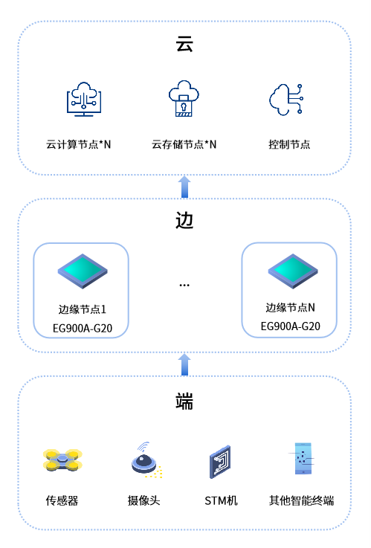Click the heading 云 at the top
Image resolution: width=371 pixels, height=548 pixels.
coord(184,45)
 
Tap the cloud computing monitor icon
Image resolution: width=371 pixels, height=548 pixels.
coord(84,99)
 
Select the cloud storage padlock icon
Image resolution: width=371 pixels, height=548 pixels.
coord(184,98)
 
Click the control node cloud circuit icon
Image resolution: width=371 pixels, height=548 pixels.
coord(286,99)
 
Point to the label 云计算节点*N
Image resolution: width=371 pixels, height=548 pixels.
coord(78,144)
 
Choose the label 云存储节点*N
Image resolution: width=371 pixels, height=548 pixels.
coord(184,144)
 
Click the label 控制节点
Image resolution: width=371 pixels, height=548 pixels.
coord(289,144)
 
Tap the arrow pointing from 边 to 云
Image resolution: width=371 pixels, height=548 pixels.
coord(184,187)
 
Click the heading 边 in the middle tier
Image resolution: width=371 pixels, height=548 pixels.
coord(184,221)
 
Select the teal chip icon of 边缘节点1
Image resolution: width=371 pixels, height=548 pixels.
coord(83,271)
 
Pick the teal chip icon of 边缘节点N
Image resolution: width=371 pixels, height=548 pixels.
coord(293,271)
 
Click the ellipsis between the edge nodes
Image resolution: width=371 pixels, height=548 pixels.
coord(184,286)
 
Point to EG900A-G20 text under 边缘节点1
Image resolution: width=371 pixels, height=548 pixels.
coord(83,328)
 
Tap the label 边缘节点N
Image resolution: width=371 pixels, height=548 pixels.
coord(290,308)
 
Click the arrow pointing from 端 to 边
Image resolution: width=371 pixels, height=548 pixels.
coord(184,364)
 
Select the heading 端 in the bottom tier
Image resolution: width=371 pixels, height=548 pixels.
coord(184,401)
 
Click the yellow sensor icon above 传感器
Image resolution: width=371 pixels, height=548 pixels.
coord(62,460)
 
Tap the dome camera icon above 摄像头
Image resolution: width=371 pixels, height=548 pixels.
coord(146,460)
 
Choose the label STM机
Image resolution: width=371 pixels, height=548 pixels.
coord(221,501)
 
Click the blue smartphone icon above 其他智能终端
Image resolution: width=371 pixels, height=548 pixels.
coord(303,459)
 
